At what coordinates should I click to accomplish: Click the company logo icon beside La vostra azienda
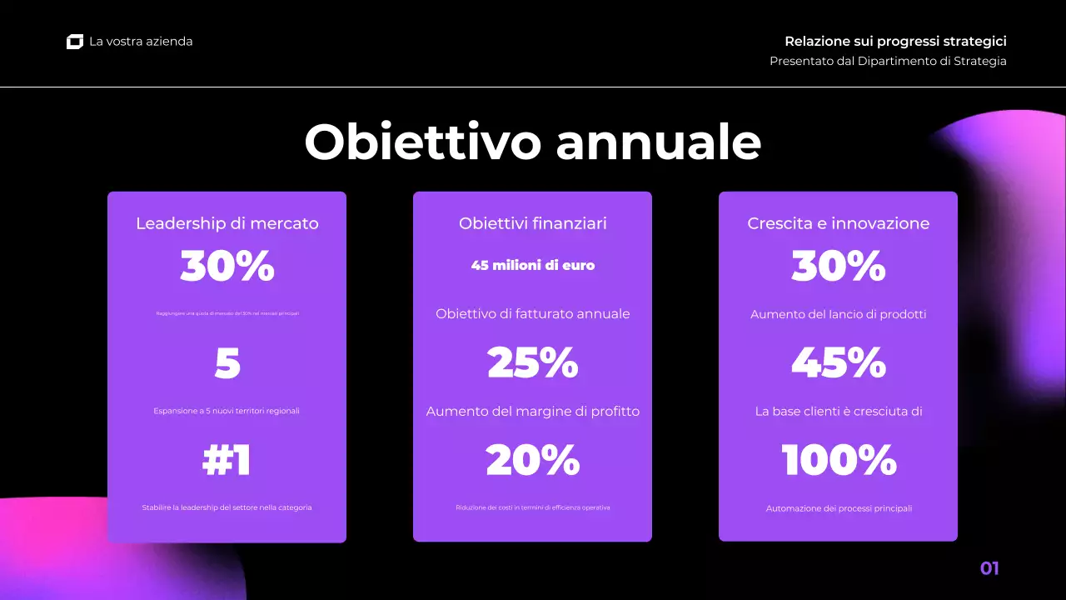tap(75, 42)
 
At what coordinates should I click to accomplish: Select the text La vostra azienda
tap(141, 42)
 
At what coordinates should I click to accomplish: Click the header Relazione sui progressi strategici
tap(895, 41)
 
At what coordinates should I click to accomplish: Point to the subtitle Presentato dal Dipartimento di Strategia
tap(888, 61)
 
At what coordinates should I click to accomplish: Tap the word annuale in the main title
tap(658, 142)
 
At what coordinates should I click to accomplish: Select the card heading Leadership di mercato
tap(227, 223)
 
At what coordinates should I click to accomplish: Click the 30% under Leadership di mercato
tap(227, 267)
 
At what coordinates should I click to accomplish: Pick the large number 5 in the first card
tap(227, 363)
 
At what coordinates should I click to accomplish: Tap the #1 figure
tap(227, 460)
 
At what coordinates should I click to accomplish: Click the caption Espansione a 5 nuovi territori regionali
tap(227, 411)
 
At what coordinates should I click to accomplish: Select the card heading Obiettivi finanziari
tap(532, 223)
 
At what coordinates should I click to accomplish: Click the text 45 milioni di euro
tap(532, 266)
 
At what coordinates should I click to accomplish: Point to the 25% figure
tap(532, 363)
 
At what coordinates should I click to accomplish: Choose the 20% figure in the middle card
tap(532, 460)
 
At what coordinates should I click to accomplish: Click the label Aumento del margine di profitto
tap(532, 412)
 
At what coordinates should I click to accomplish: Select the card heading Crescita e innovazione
tap(838, 223)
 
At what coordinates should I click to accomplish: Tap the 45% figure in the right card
tap(838, 363)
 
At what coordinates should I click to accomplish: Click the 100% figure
tap(838, 460)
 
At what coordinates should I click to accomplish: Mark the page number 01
tap(989, 569)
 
